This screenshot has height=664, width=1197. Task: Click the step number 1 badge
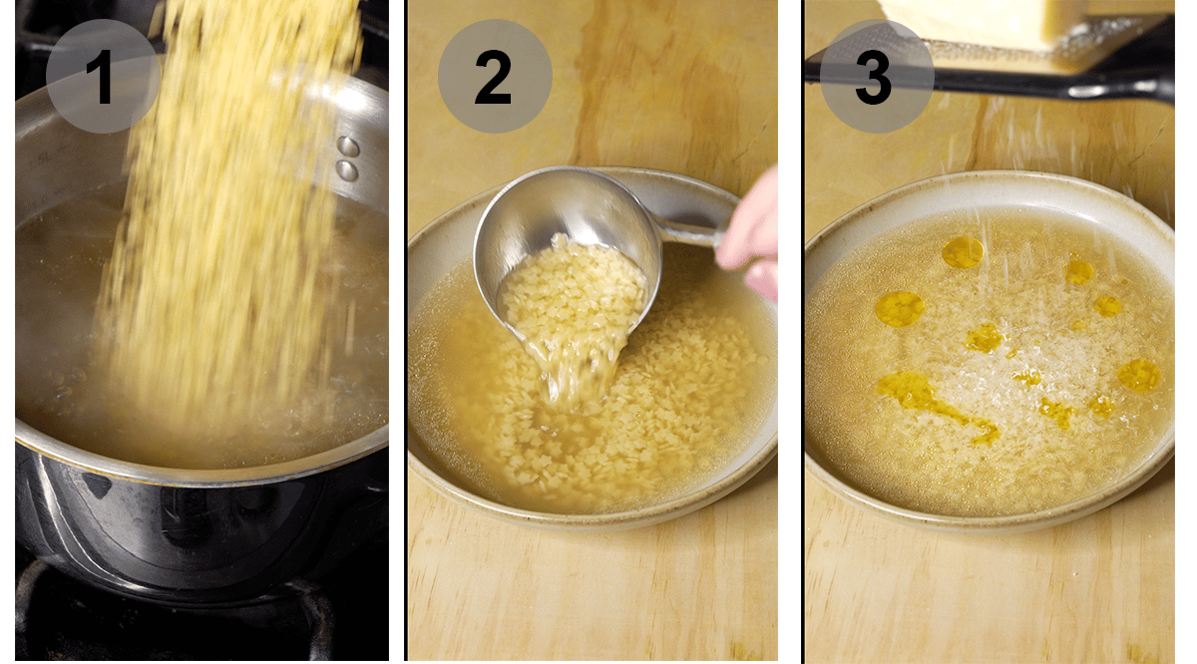coord(103,77)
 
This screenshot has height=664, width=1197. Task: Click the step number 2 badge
coord(494,77)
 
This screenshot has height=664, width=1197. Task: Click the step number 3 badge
coord(876,77)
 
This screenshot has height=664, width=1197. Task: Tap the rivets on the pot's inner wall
coord(347,158)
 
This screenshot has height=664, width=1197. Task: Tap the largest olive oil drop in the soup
coord(900,309)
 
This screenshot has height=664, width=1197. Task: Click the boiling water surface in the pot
coord(60,299)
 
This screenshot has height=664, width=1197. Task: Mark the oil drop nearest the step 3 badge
coord(963,252)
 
